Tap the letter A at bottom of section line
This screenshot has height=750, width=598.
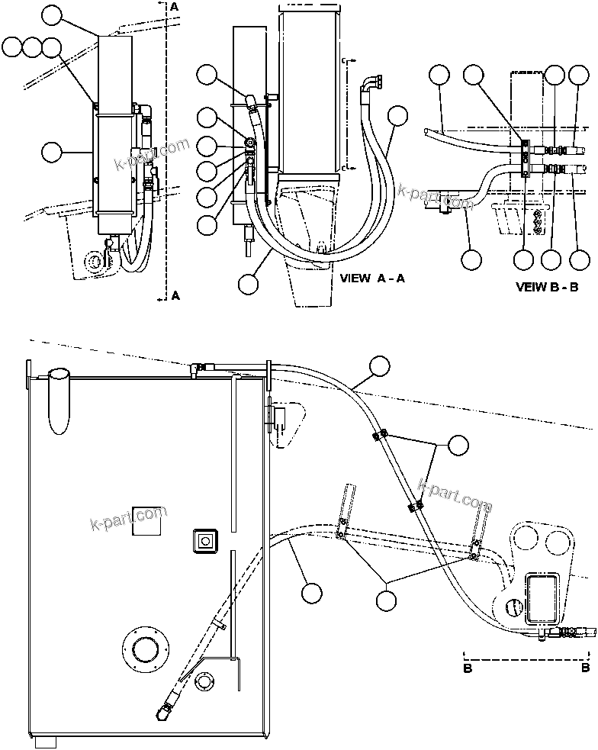[x=175, y=295]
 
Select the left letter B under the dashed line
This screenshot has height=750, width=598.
[x=466, y=668]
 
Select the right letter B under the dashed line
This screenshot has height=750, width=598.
[x=585, y=668]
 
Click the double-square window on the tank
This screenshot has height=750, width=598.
[x=205, y=541]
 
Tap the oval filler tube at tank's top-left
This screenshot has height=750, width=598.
[x=59, y=398]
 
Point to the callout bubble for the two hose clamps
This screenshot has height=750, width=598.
[x=458, y=445]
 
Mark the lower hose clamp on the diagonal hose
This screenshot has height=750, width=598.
[x=415, y=505]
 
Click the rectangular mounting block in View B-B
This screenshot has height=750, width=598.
[x=526, y=159]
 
